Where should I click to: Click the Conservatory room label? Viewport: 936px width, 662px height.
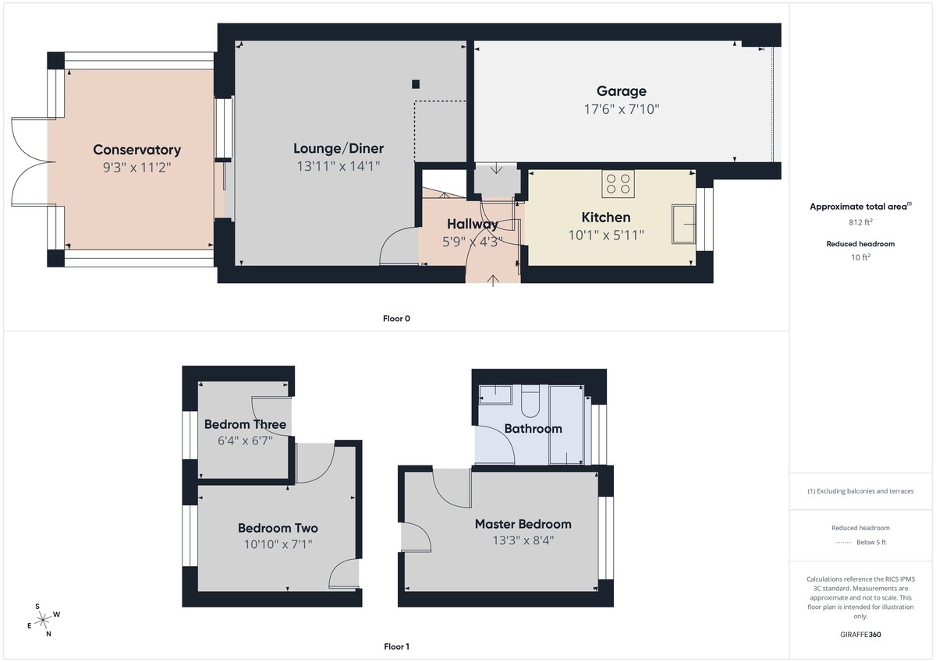tap(136, 150)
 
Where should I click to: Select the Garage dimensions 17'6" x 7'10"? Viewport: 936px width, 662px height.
tap(621, 109)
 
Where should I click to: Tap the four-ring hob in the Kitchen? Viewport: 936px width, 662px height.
tap(618, 184)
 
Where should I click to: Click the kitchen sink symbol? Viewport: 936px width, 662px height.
tap(684, 224)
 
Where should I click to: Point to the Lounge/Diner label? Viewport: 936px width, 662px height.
tap(339, 148)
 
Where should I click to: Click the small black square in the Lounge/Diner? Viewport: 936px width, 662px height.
tap(417, 84)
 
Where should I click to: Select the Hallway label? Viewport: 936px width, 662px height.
tap(472, 224)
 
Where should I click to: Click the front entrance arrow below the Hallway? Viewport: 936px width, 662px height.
tap(493, 280)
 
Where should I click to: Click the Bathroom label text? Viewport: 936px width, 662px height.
tap(533, 428)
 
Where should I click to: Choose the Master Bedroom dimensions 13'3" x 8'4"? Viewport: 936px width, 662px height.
tap(523, 540)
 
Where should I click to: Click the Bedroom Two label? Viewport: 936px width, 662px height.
tap(278, 528)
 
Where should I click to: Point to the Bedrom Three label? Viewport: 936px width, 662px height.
tap(245, 424)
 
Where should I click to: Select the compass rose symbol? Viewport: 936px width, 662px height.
tap(44, 619)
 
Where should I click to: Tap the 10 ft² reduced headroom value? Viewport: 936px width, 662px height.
tap(860, 257)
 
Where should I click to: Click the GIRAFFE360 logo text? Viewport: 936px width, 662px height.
tap(860, 635)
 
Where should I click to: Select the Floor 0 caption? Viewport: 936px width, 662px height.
tap(396, 318)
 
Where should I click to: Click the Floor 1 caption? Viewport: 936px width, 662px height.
tap(396, 646)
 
